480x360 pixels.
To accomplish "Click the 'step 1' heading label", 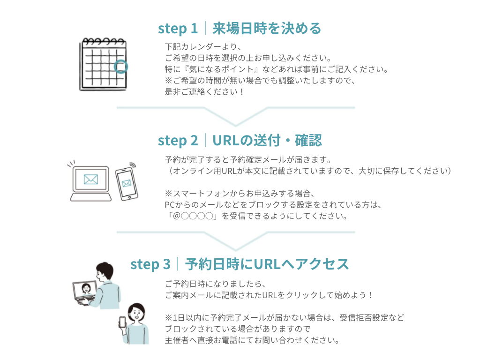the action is tap(178, 29).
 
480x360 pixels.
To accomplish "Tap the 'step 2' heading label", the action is tap(178, 141).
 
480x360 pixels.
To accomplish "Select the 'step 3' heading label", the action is tap(150, 264).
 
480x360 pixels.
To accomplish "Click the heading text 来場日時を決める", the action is tap(267, 29).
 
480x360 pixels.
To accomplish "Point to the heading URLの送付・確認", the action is tap(267, 141).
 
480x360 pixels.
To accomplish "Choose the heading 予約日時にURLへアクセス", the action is tap(267, 264).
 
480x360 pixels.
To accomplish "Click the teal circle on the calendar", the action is tap(120, 67).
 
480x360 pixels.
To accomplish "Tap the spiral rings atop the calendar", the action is tap(104, 41).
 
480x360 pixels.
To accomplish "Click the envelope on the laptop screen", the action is tap(91, 180).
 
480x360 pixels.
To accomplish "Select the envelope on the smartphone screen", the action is tap(127, 183).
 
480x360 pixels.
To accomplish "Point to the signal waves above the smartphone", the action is tap(133, 165).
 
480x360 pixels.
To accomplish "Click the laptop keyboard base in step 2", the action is tap(91, 197).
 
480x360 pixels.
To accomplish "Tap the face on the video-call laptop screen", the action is tap(86, 288).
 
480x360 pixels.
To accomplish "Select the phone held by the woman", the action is tap(122, 322).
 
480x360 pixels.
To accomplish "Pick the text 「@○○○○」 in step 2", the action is tap(193, 216).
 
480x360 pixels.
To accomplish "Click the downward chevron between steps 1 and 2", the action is tap(236, 117).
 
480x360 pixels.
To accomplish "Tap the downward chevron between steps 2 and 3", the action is tap(236, 241).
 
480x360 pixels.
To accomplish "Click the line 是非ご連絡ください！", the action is tap(204, 92).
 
